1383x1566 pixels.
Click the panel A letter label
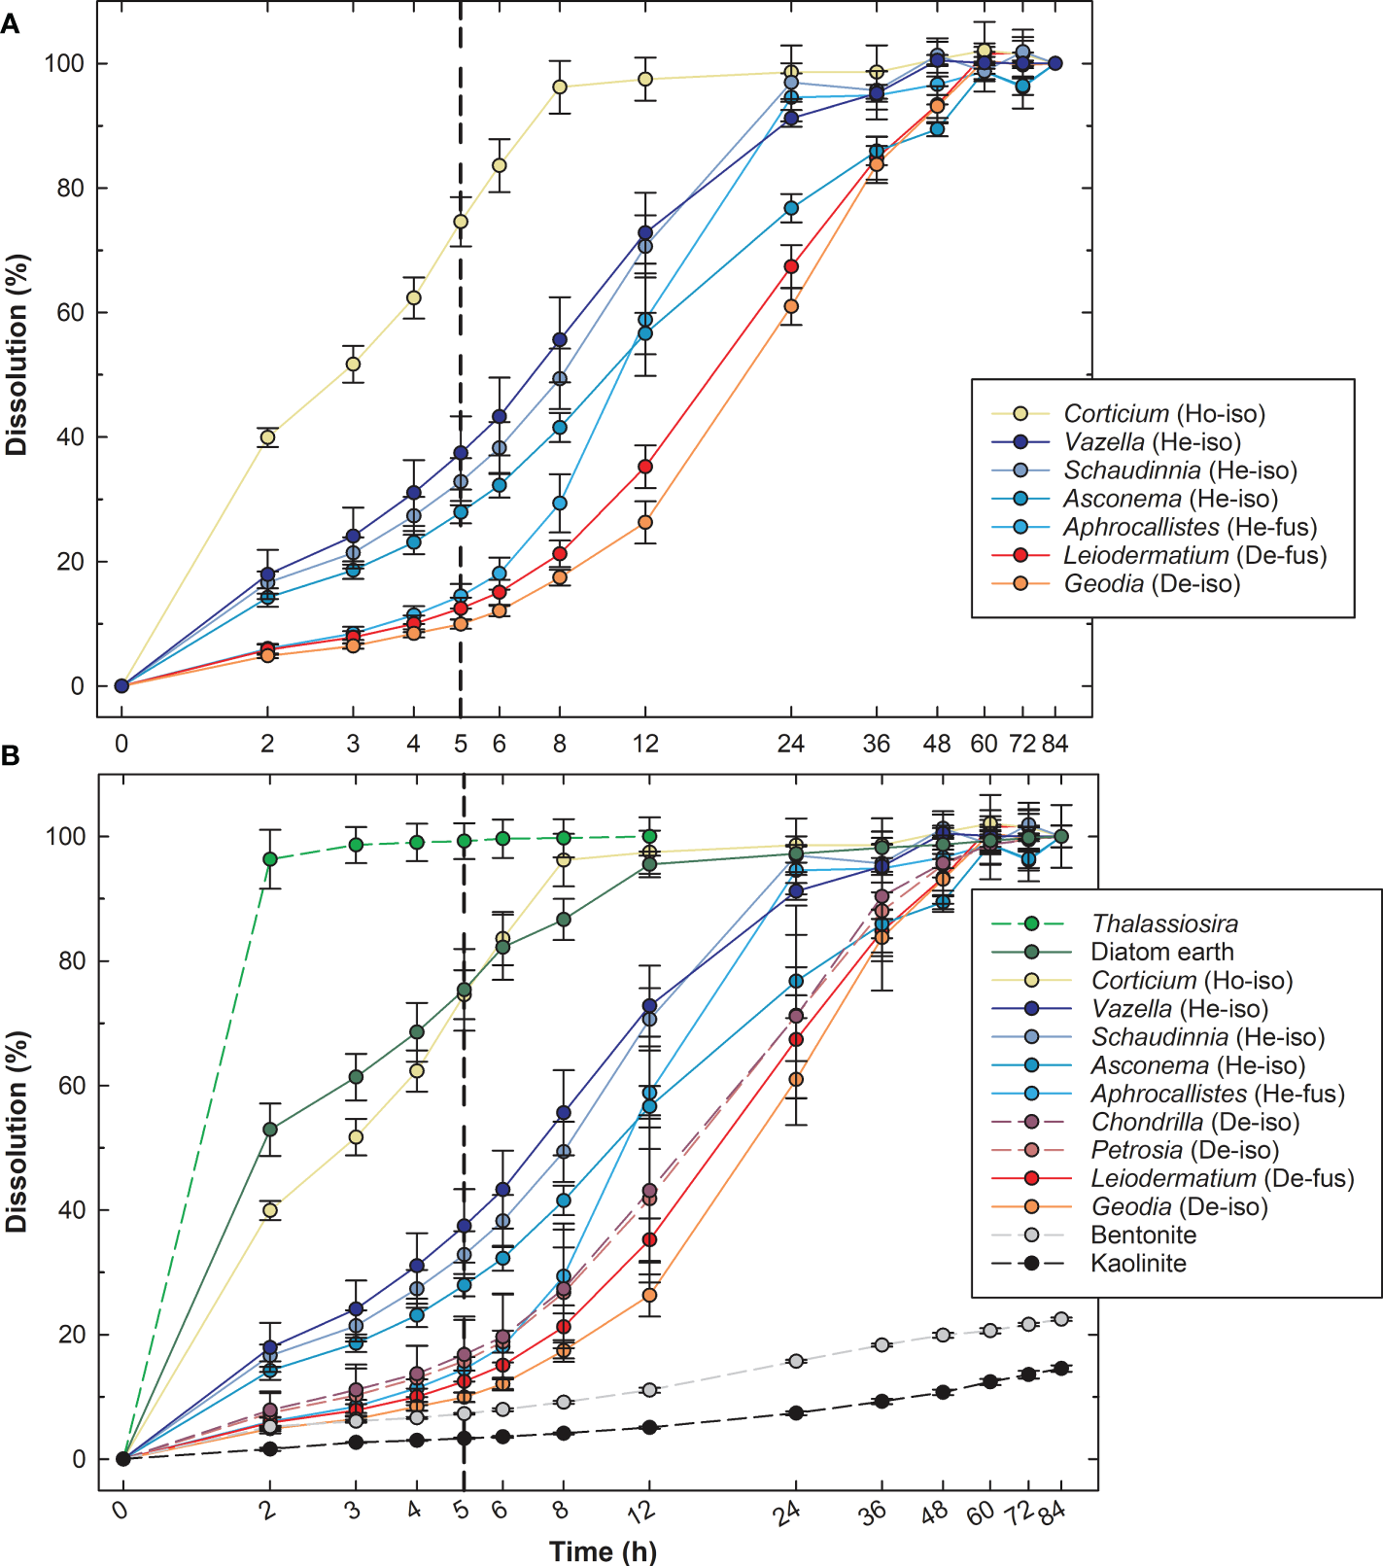[10, 23]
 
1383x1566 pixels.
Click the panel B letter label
[10, 755]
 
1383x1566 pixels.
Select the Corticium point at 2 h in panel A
[267, 437]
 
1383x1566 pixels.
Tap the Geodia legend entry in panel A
[1152, 584]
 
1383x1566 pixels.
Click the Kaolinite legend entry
[1138, 1264]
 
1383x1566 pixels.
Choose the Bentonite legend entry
[1143, 1235]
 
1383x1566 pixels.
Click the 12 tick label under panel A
[645, 744]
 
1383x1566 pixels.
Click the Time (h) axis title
[603, 1551]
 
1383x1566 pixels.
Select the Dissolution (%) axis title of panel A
[17, 355]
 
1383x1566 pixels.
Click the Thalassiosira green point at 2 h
[269, 859]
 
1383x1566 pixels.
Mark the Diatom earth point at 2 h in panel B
[269, 1130]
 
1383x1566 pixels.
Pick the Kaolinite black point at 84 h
[1061, 1368]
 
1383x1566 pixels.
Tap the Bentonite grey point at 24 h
[796, 1361]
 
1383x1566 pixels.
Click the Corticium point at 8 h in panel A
[560, 87]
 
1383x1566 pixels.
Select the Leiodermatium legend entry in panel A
[1194, 556]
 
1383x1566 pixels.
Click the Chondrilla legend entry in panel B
[1194, 1123]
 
